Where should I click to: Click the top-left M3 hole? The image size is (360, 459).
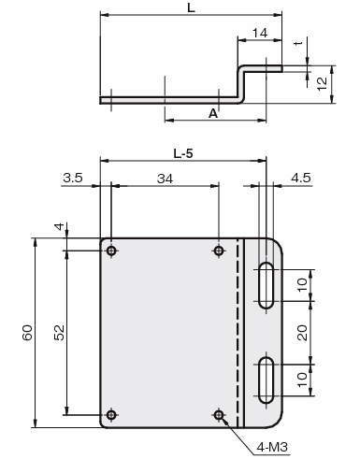(111, 251)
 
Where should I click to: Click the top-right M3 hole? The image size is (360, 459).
(219, 251)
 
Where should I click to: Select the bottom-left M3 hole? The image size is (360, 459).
(111, 415)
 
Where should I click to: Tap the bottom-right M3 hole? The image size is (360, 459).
(219, 415)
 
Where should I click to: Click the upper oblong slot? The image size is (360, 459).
(266, 285)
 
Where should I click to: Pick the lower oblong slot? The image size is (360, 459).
(266, 380)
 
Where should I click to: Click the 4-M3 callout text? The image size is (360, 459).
(272, 447)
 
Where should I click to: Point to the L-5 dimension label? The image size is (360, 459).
(183, 153)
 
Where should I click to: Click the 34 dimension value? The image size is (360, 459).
(165, 179)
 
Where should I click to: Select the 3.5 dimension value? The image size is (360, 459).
(73, 178)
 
